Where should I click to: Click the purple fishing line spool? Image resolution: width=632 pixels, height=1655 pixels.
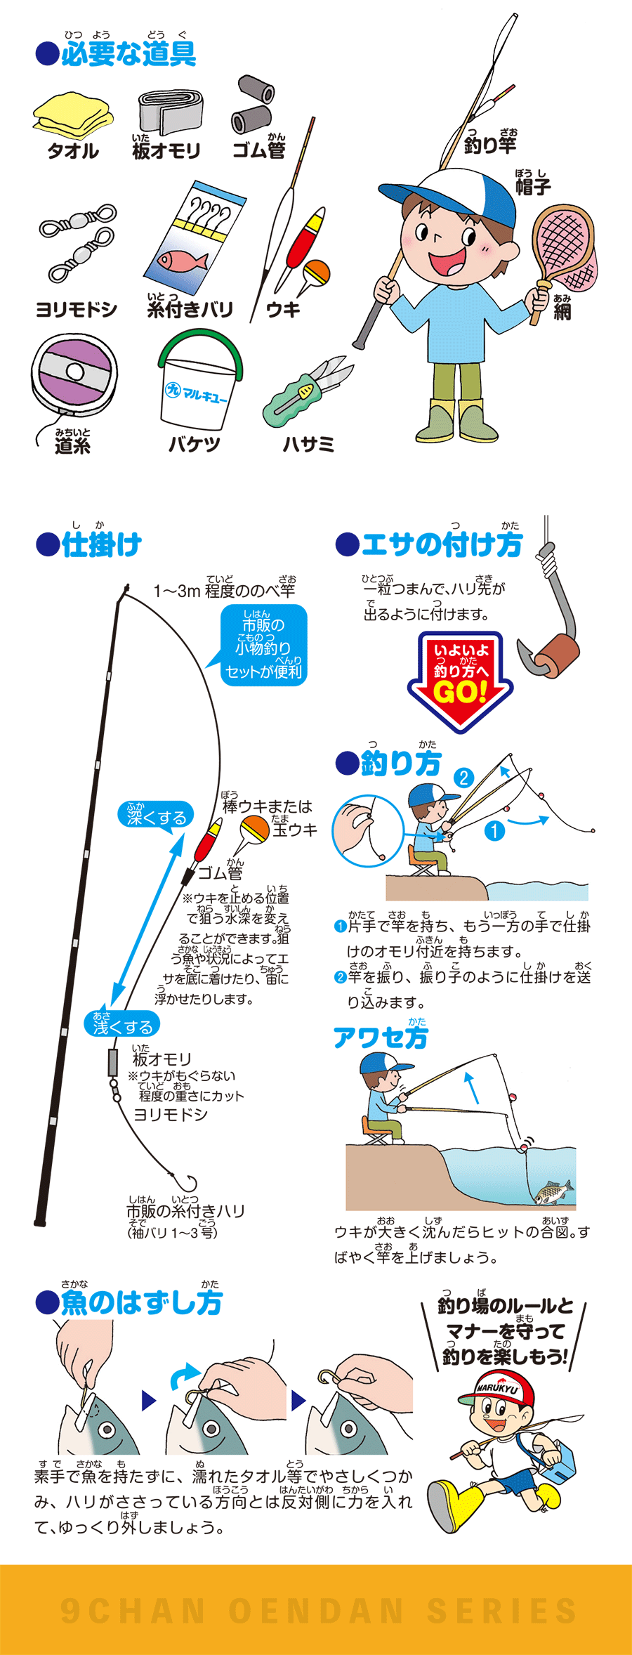(x=74, y=375)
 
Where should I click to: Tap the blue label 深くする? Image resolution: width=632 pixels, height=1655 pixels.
(x=156, y=817)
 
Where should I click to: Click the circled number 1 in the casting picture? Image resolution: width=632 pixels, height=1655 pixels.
(x=494, y=831)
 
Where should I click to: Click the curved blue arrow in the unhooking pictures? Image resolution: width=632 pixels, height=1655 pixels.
(x=184, y=1375)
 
